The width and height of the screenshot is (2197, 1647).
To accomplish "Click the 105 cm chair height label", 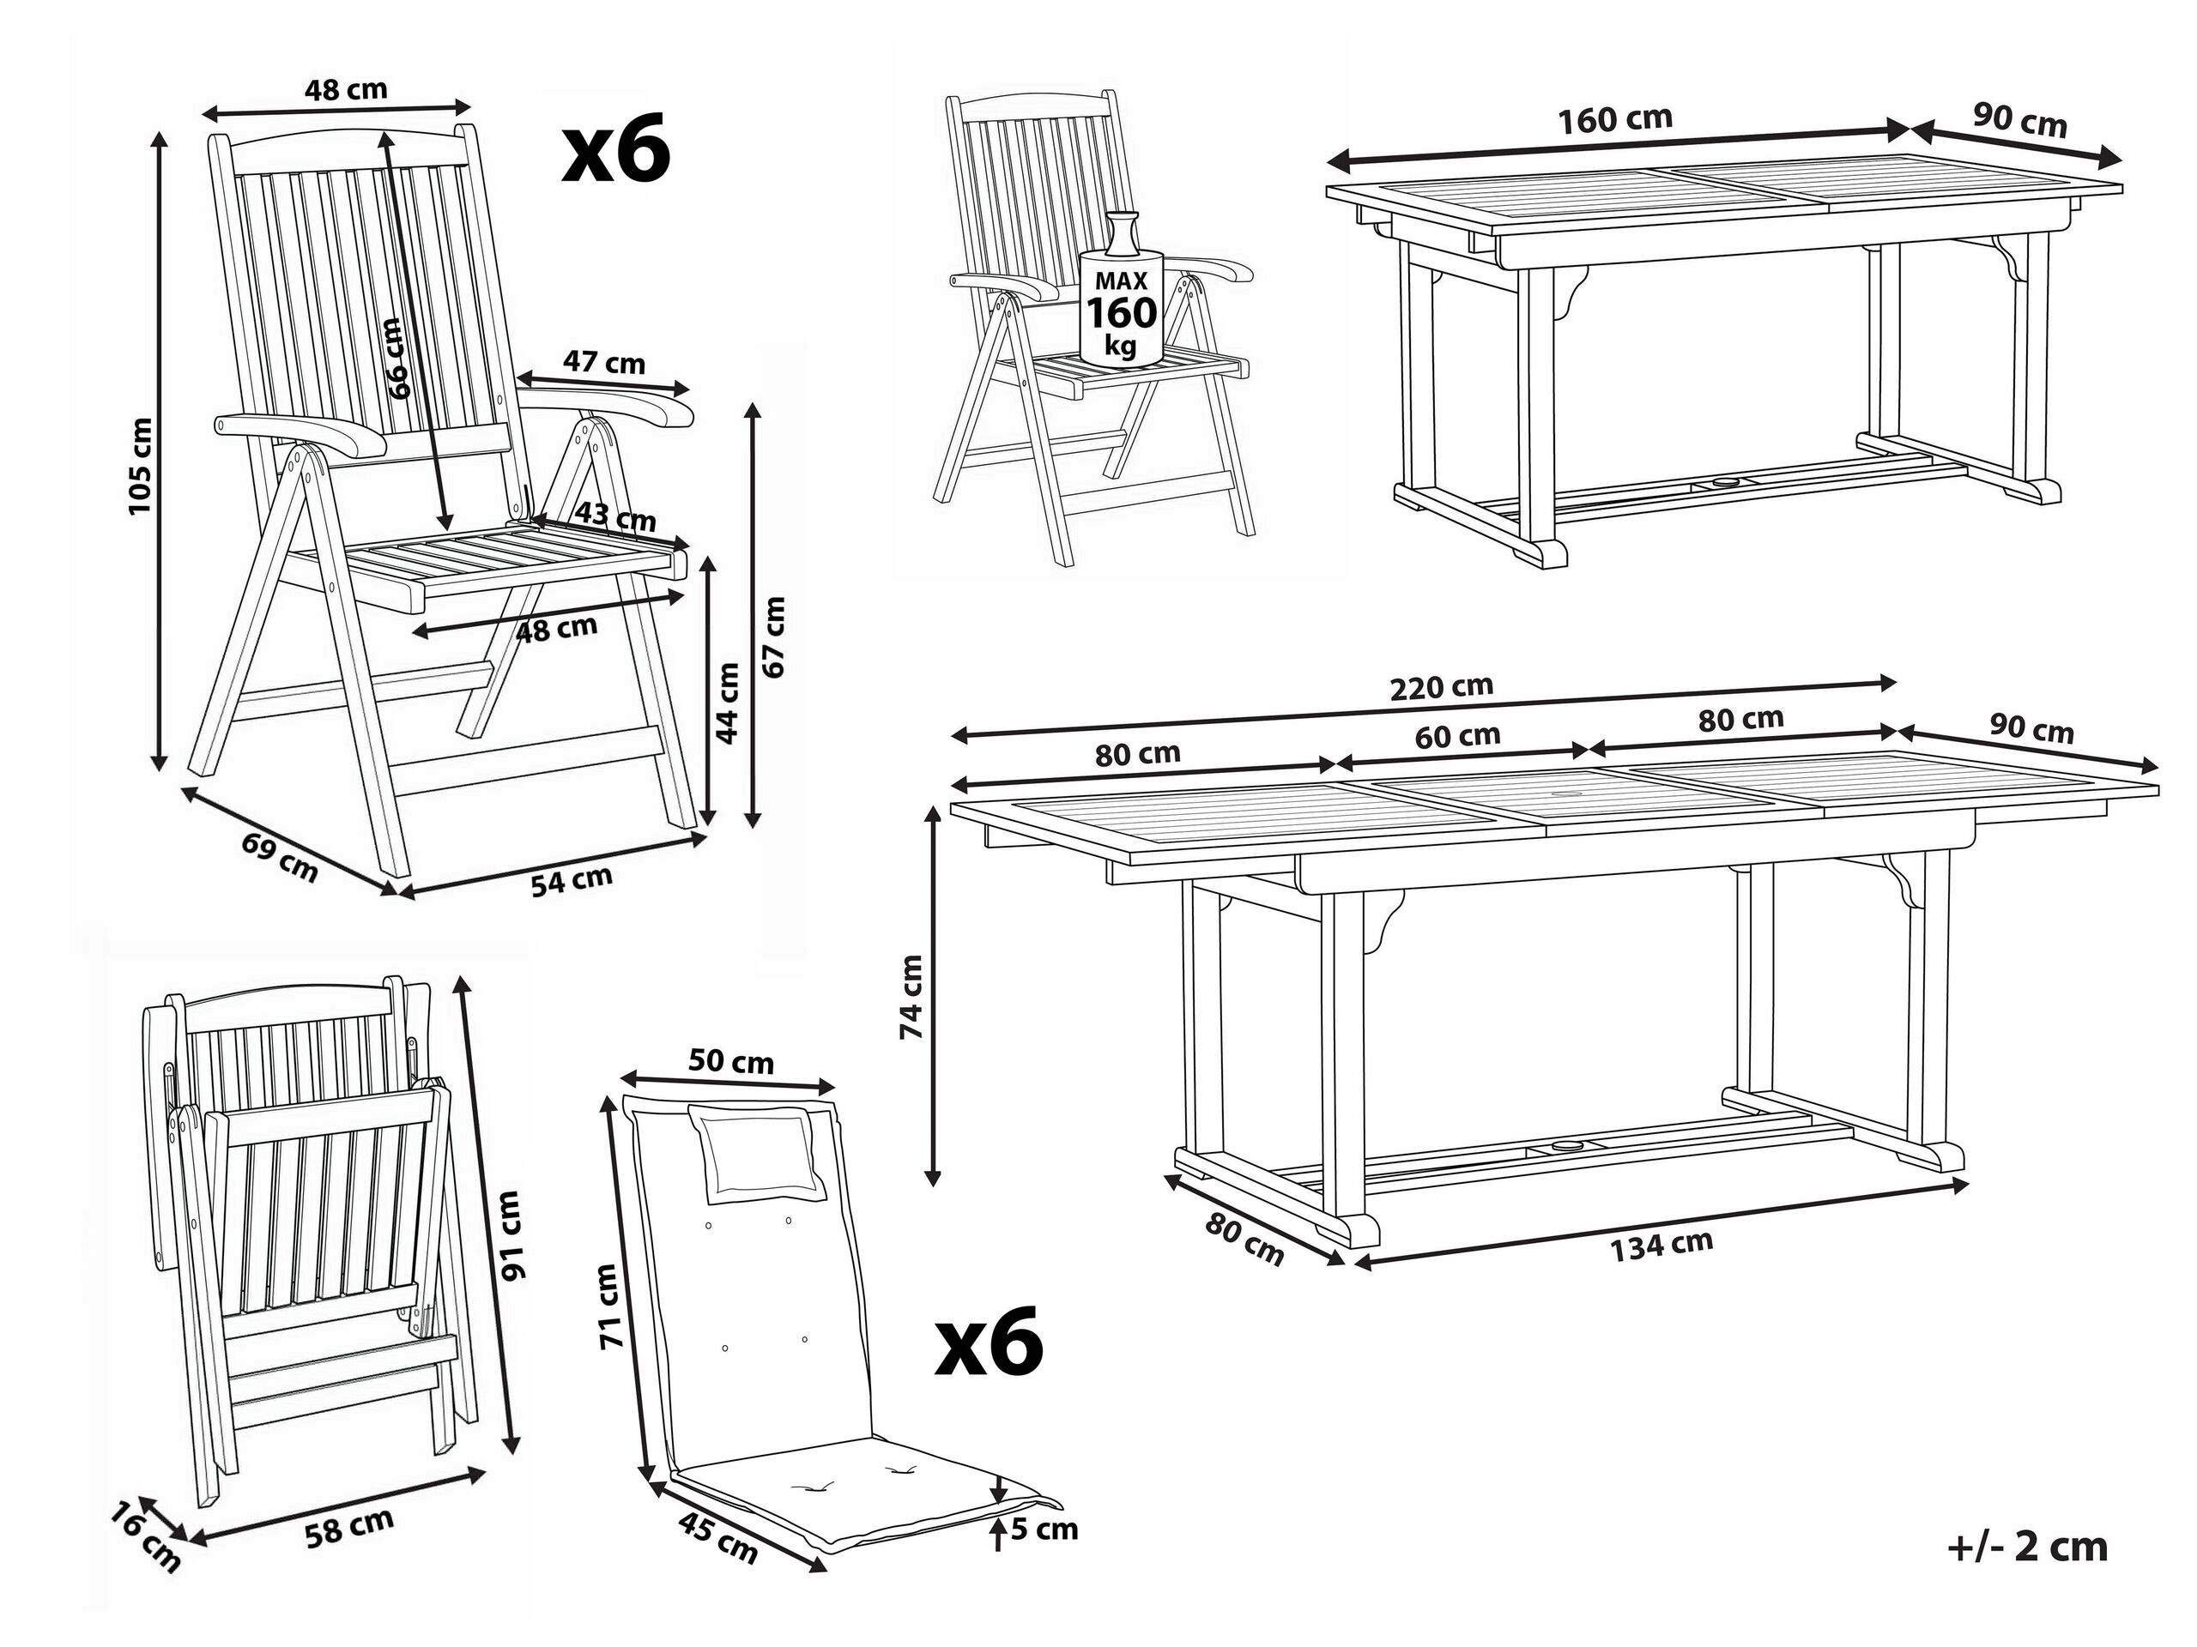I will click(141, 465).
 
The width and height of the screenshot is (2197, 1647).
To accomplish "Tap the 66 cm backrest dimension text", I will click(396, 358).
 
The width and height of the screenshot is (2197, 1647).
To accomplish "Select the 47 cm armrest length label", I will click(604, 362).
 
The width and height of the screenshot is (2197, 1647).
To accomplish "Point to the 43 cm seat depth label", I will click(617, 517).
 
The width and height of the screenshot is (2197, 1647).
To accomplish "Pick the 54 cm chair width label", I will click(571, 879).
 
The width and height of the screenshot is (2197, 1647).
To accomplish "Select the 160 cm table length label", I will click(1615, 120).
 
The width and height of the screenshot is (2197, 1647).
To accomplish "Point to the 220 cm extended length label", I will click(1441, 687).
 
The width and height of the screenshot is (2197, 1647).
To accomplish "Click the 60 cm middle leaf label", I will click(1458, 736).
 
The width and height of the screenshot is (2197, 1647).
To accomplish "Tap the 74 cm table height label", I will click(911, 997).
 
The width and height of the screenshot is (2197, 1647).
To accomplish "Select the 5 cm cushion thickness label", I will click(1044, 1529).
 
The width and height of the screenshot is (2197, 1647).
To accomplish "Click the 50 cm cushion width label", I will click(731, 1062).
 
